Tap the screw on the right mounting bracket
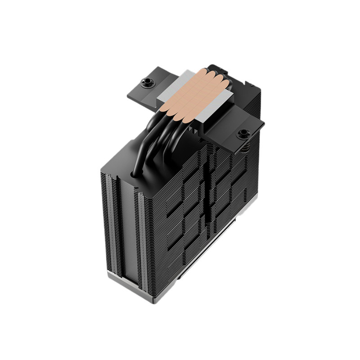click(x=243, y=133)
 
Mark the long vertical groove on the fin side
click(x=207, y=193)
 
